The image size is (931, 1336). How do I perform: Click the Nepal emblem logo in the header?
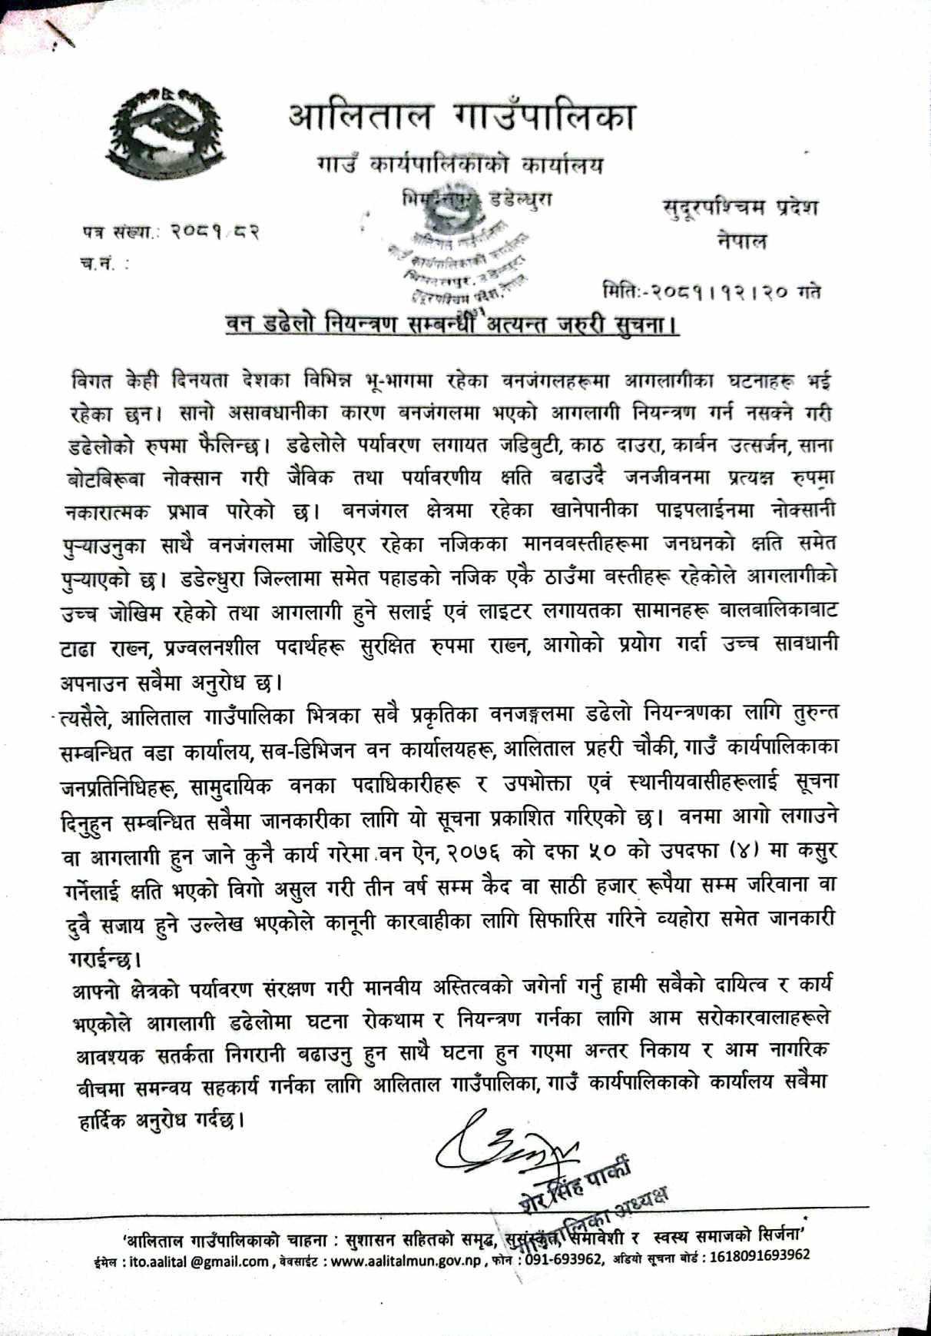pos(164,130)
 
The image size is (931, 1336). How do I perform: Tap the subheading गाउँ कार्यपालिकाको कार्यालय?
pos(459,165)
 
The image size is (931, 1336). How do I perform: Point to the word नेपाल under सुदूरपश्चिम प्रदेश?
pos(742,241)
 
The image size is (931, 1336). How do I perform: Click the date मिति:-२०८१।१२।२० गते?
pos(711,292)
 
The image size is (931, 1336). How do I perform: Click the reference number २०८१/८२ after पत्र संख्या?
pos(214,231)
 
